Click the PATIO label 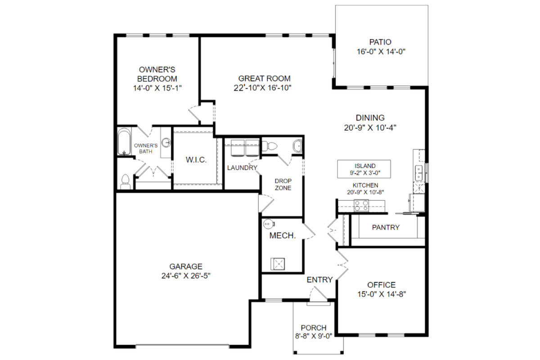380,42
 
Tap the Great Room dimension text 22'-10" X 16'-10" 262,88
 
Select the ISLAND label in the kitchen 365,166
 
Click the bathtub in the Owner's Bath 124,141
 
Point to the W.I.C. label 196,160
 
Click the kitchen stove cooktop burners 361,206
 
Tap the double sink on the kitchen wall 419,173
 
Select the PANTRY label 386,227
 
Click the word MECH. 282,236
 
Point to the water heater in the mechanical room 268,224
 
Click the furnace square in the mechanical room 278,264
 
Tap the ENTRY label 319,280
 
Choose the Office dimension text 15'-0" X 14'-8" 382,294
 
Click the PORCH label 314,328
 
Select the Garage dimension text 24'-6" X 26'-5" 186,275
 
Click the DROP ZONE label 283,184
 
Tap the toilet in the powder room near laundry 269,146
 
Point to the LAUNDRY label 242,168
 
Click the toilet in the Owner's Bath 125,182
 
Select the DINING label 370,117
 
